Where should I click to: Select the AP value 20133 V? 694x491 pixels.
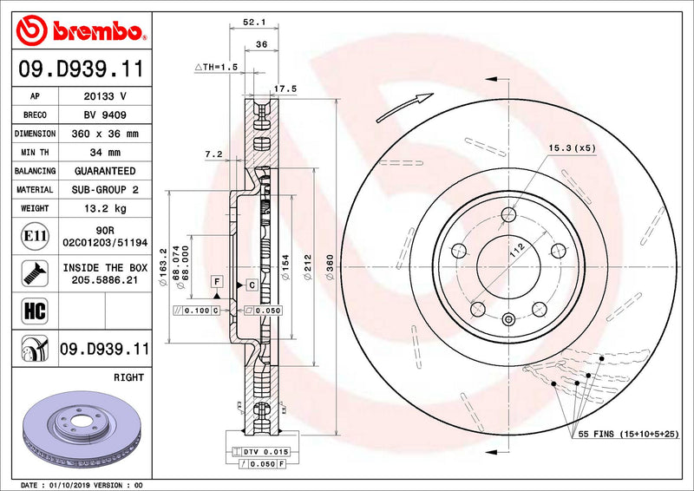click(x=105, y=96)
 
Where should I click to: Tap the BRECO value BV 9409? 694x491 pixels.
click(x=105, y=115)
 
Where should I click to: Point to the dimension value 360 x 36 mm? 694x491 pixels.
click(x=105, y=134)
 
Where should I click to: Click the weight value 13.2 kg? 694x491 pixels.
click(x=105, y=208)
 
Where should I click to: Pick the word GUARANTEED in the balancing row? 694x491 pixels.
click(x=105, y=171)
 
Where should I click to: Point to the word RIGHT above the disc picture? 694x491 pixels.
click(x=129, y=378)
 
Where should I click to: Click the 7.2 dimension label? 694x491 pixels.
click(x=213, y=154)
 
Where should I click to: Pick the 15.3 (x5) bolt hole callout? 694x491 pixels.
click(x=571, y=149)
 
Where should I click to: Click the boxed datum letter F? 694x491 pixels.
click(x=215, y=282)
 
